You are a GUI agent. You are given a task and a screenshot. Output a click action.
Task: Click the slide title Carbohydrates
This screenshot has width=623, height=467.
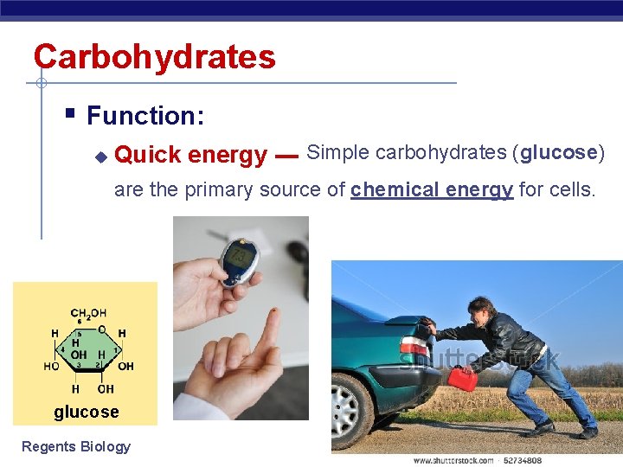tap(154, 57)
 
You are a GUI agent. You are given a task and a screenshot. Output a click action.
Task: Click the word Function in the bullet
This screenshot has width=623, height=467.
tap(138, 116)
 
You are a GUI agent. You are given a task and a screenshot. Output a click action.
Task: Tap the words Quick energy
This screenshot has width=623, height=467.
tap(190, 155)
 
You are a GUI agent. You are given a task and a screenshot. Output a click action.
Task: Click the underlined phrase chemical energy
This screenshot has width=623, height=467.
tap(432, 189)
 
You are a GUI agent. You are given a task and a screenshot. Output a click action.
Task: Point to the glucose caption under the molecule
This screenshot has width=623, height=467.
tap(87, 412)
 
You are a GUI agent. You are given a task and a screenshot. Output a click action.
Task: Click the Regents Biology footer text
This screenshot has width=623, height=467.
tap(76, 446)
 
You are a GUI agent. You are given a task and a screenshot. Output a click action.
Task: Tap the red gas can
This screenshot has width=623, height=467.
tap(462, 379)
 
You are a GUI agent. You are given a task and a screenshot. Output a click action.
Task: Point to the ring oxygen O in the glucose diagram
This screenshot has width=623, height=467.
tap(102, 329)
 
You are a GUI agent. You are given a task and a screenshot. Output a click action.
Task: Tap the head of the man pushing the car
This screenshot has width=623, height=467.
tap(483, 310)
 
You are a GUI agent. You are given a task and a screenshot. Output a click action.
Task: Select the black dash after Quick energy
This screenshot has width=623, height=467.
tap(286, 157)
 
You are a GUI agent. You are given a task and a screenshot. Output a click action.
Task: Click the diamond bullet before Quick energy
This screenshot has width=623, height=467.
tap(100, 157)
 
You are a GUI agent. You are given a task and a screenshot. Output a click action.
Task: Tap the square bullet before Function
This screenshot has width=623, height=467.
tap(70, 112)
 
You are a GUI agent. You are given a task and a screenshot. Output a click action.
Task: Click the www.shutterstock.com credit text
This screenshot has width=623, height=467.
tap(453, 460)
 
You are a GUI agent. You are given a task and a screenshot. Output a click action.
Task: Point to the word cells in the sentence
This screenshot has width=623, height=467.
tap(571, 189)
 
